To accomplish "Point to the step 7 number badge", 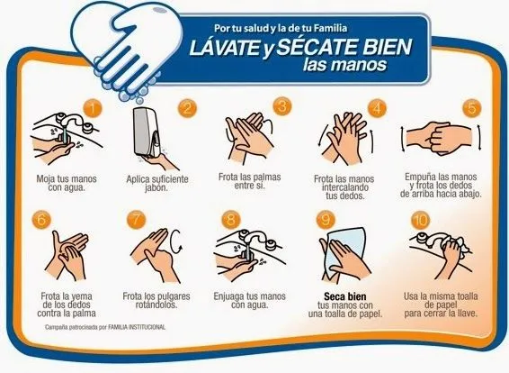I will (x=136, y=221).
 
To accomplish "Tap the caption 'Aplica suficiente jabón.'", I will (x=156, y=183).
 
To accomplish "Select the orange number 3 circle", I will (x=281, y=107).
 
